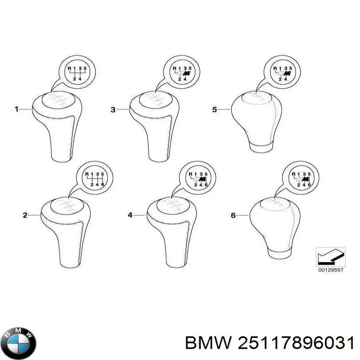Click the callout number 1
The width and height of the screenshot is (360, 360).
click(x=16, y=109)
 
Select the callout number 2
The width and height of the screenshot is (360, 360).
click(x=25, y=216)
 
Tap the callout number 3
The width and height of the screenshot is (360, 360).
click(x=113, y=109)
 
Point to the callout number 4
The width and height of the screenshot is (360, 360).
click(x=130, y=216)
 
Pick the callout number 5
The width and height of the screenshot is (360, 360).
click(x=215, y=109)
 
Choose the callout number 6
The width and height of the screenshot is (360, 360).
click(x=233, y=216)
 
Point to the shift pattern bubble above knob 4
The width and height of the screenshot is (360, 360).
click(x=198, y=179)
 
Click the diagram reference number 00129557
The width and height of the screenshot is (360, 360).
click(x=330, y=270)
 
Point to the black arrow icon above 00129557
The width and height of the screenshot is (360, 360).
click(x=330, y=257)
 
